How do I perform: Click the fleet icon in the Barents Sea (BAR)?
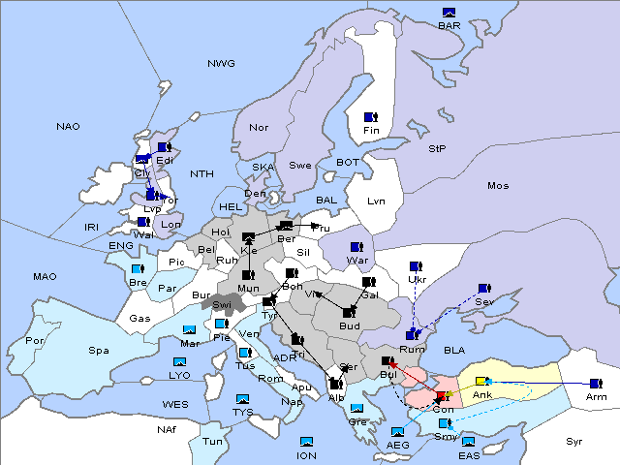pyautogui.click(x=449, y=13)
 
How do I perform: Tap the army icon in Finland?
pyautogui.click(x=370, y=117)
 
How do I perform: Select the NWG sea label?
pyautogui.click(x=221, y=63)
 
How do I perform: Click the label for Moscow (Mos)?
pyautogui.click(x=498, y=185)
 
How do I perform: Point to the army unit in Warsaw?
pyautogui.click(x=356, y=247)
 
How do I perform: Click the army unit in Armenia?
pyautogui.click(x=595, y=384)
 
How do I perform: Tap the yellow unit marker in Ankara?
pyautogui.click(x=480, y=382)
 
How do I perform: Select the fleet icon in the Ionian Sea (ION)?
pyautogui.click(x=307, y=442)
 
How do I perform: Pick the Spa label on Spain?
pyautogui.click(x=98, y=350)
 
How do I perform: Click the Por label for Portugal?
pyautogui.click(x=35, y=341)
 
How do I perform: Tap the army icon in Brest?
pyautogui.click(x=138, y=268)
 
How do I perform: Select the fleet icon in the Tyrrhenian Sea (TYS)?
pyautogui.click(x=242, y=399)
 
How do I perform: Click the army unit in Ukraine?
pyautogui.click(x=416, y=266)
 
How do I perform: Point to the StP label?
pyautogui.click(x=437, y=148)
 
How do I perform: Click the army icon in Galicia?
pyautogui.click(x=368, y=282)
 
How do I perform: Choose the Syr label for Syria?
pyautogui.click(x=574, y=441)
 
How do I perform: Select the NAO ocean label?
pyautogui.click(x=68, y=126)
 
